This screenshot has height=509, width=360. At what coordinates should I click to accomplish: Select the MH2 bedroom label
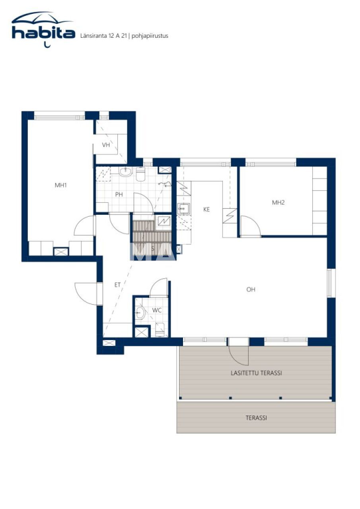(x=278, y=202)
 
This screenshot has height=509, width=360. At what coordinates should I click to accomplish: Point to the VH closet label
(x=106, y=145)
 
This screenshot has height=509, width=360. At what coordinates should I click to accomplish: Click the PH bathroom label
(x=119, y=194)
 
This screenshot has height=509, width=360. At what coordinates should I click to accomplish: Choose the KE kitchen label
(x=206, y=209)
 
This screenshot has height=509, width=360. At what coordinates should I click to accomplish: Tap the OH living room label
(x=251, y=289)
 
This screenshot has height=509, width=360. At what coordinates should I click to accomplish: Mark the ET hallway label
(x=117, y=285)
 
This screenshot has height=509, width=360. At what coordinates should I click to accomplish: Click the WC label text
(x=158, y=310)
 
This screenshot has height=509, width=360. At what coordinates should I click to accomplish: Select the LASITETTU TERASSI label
(x=256, y=373)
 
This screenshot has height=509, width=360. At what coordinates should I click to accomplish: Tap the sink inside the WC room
(x=140, y=313)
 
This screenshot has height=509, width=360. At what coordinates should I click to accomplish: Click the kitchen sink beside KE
(x=184, y=208)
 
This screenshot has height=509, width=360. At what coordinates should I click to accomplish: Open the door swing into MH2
(x=251, y=227)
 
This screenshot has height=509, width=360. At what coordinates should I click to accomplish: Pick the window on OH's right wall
(x=329, y=283)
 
